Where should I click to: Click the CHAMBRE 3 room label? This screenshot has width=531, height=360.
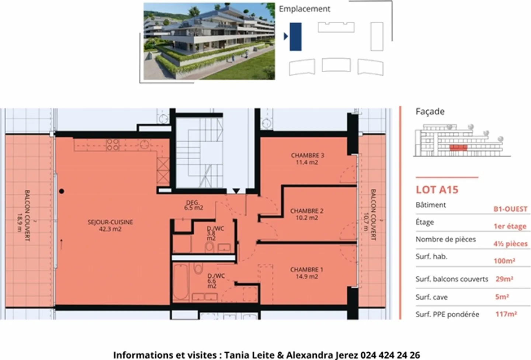(x=308, y=159)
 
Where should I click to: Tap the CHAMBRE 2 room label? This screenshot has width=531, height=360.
(x=307, y=214)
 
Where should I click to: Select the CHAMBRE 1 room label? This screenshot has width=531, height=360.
(x=307, y=273)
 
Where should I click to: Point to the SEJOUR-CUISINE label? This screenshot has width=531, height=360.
(x=110, y=225)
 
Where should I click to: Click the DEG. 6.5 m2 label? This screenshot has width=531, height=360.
(x=194, y=205)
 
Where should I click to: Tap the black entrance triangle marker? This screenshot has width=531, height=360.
(x=236, y=191)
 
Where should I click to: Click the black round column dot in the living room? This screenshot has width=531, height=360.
(x=62, y=191)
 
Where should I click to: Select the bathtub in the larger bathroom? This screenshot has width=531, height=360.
(x=181, y=283)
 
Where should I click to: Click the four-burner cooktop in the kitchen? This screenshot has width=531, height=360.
(x=112, y=145)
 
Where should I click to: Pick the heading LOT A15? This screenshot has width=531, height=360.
(x=437, y=190)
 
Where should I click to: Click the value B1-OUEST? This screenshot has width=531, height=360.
(x=510, y=209)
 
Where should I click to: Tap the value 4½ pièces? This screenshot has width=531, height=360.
(x=510, y=243)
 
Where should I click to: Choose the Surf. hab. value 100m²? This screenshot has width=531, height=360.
(x=504, y=261)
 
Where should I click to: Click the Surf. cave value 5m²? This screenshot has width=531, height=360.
(x=502, y=297)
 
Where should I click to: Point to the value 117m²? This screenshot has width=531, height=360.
(x=506, y=314)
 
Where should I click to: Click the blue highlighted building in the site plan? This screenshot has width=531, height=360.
(x=296, y=37)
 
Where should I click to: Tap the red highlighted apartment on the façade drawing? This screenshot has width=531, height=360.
(x=458, y=148)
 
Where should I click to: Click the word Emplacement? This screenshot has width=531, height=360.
(x=304, y=9)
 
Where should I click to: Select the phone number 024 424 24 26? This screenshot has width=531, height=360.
(x=390, y=355)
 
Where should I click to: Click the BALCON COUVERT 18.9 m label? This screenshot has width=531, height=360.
(x=24, y=215)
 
